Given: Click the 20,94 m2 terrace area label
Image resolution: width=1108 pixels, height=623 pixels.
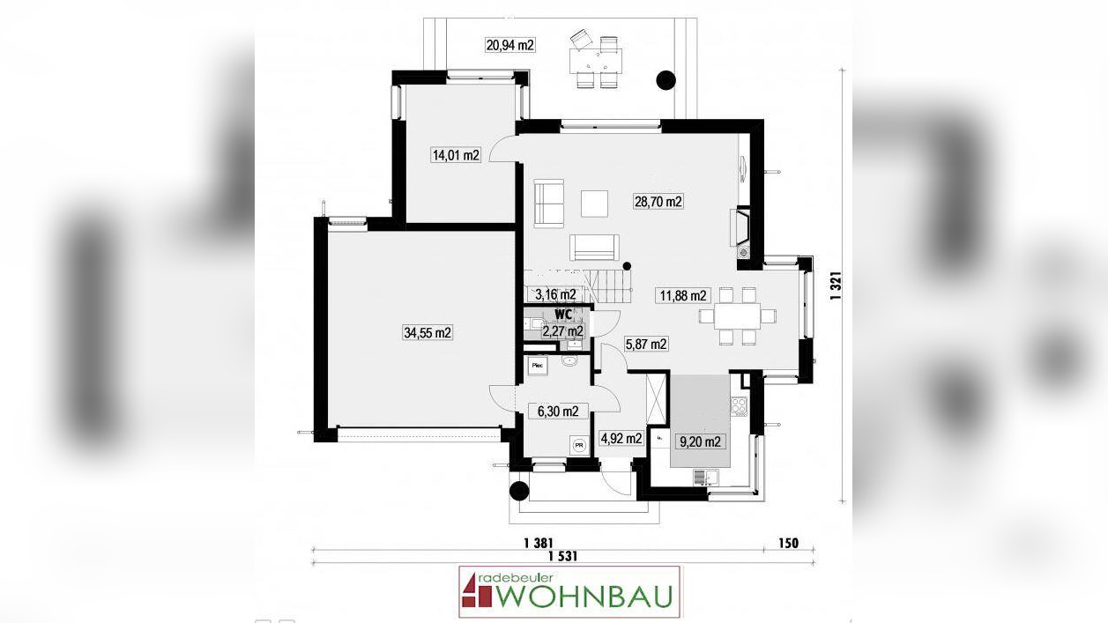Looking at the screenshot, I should tap(510, 45).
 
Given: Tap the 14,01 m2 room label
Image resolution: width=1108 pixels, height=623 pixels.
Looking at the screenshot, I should tap(455, 156).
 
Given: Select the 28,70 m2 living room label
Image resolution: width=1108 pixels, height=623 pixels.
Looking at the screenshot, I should tap(658, 201).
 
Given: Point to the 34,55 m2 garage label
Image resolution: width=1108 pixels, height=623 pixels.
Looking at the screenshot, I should tap(427, 332).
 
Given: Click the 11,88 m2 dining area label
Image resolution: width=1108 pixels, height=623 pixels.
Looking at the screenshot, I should tap(682, 296).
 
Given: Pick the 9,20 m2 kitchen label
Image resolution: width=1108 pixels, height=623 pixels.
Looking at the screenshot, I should tap(699, 441).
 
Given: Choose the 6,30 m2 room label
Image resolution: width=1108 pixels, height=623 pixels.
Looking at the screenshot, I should tap(557, 411).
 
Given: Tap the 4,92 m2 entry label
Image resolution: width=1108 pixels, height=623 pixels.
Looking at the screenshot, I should tap(621, 438).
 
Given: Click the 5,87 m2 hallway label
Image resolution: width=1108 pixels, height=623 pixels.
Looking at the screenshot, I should tap(645, 345).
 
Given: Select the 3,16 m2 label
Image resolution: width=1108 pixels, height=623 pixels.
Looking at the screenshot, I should tap(555, 294).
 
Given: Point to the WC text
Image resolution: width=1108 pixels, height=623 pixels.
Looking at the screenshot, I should tap(564, 314).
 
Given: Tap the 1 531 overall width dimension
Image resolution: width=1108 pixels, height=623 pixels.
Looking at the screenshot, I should tap(562, 557).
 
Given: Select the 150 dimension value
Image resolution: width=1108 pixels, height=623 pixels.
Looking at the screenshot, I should tap(787, 543).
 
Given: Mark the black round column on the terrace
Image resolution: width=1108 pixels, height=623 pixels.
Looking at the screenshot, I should tap(666, 81).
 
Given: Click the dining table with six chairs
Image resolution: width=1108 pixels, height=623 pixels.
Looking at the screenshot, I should tap(737, 315).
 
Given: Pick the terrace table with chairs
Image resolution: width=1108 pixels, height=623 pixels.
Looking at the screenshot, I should tap(596, 61).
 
